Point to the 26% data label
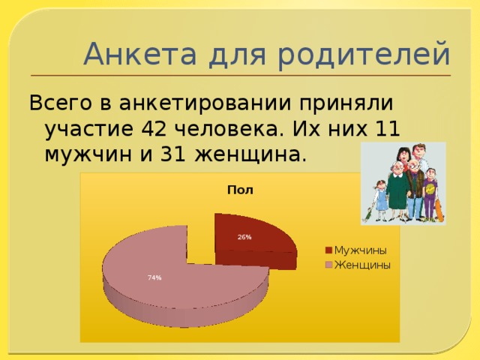coord(244,237)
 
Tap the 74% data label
coord(154,277)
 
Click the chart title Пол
coord(240,190)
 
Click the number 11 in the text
coord(386,128)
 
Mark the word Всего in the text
coord(56,101)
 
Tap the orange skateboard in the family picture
coord(439,210)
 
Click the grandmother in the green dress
coord(397,191)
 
